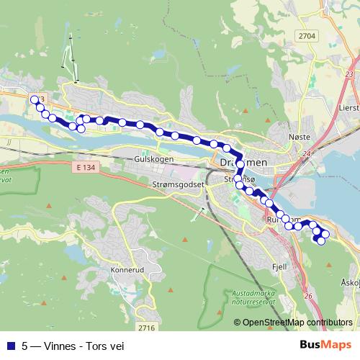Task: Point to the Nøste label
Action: (299, 137)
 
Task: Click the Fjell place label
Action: (279, 266)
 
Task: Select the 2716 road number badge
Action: (146, 328)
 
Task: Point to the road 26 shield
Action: (307, 296)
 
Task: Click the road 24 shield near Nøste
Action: (307, 153)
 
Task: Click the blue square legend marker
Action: (9, 344)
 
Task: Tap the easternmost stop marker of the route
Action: (325, 233)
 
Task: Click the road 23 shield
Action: (349, 74)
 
